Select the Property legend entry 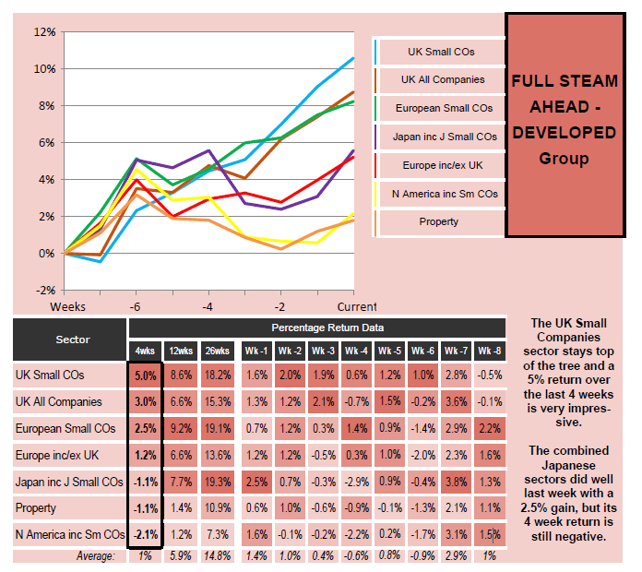coord(438,221)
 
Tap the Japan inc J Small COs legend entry coord(444,137)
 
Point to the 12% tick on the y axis coord(44,31)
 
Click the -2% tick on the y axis coord(44,290)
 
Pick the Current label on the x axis coord(359,305)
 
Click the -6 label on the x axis coord(135,305)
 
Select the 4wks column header coord(144,351)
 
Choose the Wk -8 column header coord(489,351)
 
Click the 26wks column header coord(216,351)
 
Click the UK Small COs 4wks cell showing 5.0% coord(144,375)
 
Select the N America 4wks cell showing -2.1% coord(144,534)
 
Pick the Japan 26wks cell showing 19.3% coord(216,482)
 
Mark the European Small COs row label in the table coord(65,428)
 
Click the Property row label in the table coord(35,507)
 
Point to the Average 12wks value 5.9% coord(181,555)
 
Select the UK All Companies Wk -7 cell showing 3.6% coord(455,402)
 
